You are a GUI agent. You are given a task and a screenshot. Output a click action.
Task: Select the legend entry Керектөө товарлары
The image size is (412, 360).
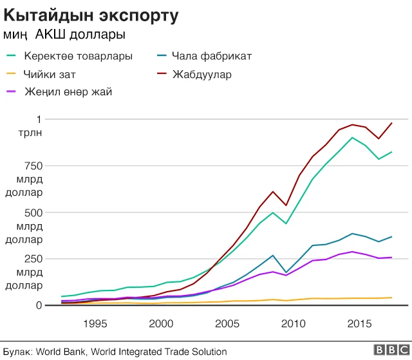click(78, 56)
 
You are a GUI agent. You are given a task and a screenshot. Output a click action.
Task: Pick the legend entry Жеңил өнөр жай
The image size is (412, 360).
click(68, 92)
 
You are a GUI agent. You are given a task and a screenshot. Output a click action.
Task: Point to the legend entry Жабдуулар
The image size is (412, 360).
click(201, 75)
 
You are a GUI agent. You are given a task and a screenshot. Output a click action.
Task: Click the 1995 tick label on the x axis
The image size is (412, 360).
click(95, 323)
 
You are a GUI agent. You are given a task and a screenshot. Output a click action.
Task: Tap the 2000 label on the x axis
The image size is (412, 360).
click(161, 323)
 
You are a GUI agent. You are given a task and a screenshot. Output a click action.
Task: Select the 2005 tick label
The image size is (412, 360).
click(227, 323)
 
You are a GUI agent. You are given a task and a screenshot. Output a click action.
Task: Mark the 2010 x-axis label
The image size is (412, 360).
click(294, 323)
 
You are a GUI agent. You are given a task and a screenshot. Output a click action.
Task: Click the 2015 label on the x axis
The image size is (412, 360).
click(360, 323)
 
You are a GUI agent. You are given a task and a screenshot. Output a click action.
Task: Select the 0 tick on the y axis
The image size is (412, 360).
click(38, 305)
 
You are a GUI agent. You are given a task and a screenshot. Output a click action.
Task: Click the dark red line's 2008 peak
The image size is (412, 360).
click(273, 191)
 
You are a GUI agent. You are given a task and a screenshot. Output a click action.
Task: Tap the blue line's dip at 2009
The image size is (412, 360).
click(286, 272)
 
